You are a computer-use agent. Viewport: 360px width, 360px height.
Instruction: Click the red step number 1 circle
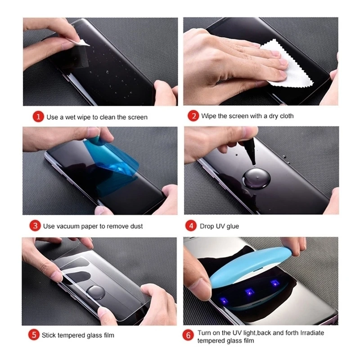[x=39, y=117]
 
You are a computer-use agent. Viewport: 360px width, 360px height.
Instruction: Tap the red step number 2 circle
[x=193, y=116]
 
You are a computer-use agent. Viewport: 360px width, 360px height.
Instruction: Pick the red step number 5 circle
[x=34, y=335]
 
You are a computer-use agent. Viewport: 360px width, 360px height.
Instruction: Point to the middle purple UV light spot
[x=248, y=291]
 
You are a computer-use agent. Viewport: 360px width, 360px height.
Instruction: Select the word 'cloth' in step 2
[x=286, y=116]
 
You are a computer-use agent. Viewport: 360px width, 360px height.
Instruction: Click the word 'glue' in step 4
[x=232, y=226]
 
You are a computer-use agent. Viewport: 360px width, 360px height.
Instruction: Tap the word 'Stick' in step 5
[x=49, y=335]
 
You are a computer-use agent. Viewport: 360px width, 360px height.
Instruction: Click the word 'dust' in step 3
[x=136, y=226]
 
